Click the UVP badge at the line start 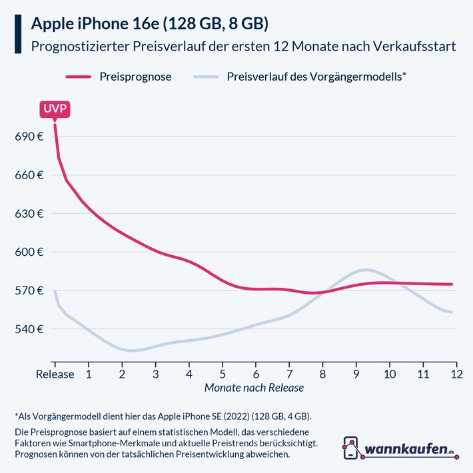[x=55, y=109]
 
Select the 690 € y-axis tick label [x=29, y=137]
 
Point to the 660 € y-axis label [x=29, y=175]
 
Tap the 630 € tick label [x=29, y=214]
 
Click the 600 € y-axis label [x=29, y=252]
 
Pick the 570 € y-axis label [x=29, y=291]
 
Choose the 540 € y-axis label [x=29, y=329]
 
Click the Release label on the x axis [x=55, y=374]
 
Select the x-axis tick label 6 [x=256, y=374]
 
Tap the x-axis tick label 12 [x=456, y=374]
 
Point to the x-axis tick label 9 [x=356, y=374]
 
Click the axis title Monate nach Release [x=254, y=388]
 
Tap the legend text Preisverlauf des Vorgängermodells [x=316, y=77]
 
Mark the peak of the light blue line [x=364, y=269]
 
